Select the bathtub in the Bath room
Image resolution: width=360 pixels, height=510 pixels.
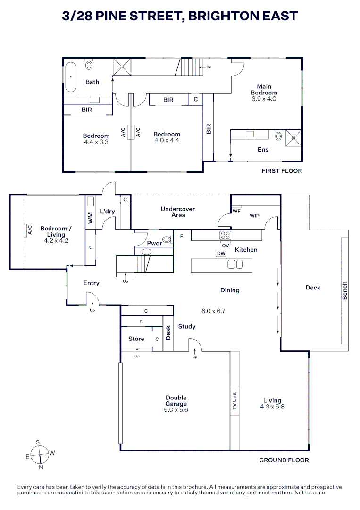71,76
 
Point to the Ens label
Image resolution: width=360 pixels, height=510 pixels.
263,150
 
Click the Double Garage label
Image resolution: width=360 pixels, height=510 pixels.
176,401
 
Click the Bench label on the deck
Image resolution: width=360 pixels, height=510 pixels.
345,291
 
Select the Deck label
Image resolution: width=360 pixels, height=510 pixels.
313,288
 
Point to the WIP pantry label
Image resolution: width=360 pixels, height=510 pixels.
254,216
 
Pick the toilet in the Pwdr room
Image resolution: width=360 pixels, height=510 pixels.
166,239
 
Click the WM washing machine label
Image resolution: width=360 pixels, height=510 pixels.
91,218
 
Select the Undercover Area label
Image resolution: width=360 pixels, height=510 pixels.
178,212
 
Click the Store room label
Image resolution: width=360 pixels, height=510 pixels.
136,339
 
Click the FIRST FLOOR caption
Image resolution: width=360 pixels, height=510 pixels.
282,171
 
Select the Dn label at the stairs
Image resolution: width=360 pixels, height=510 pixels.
208,67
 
